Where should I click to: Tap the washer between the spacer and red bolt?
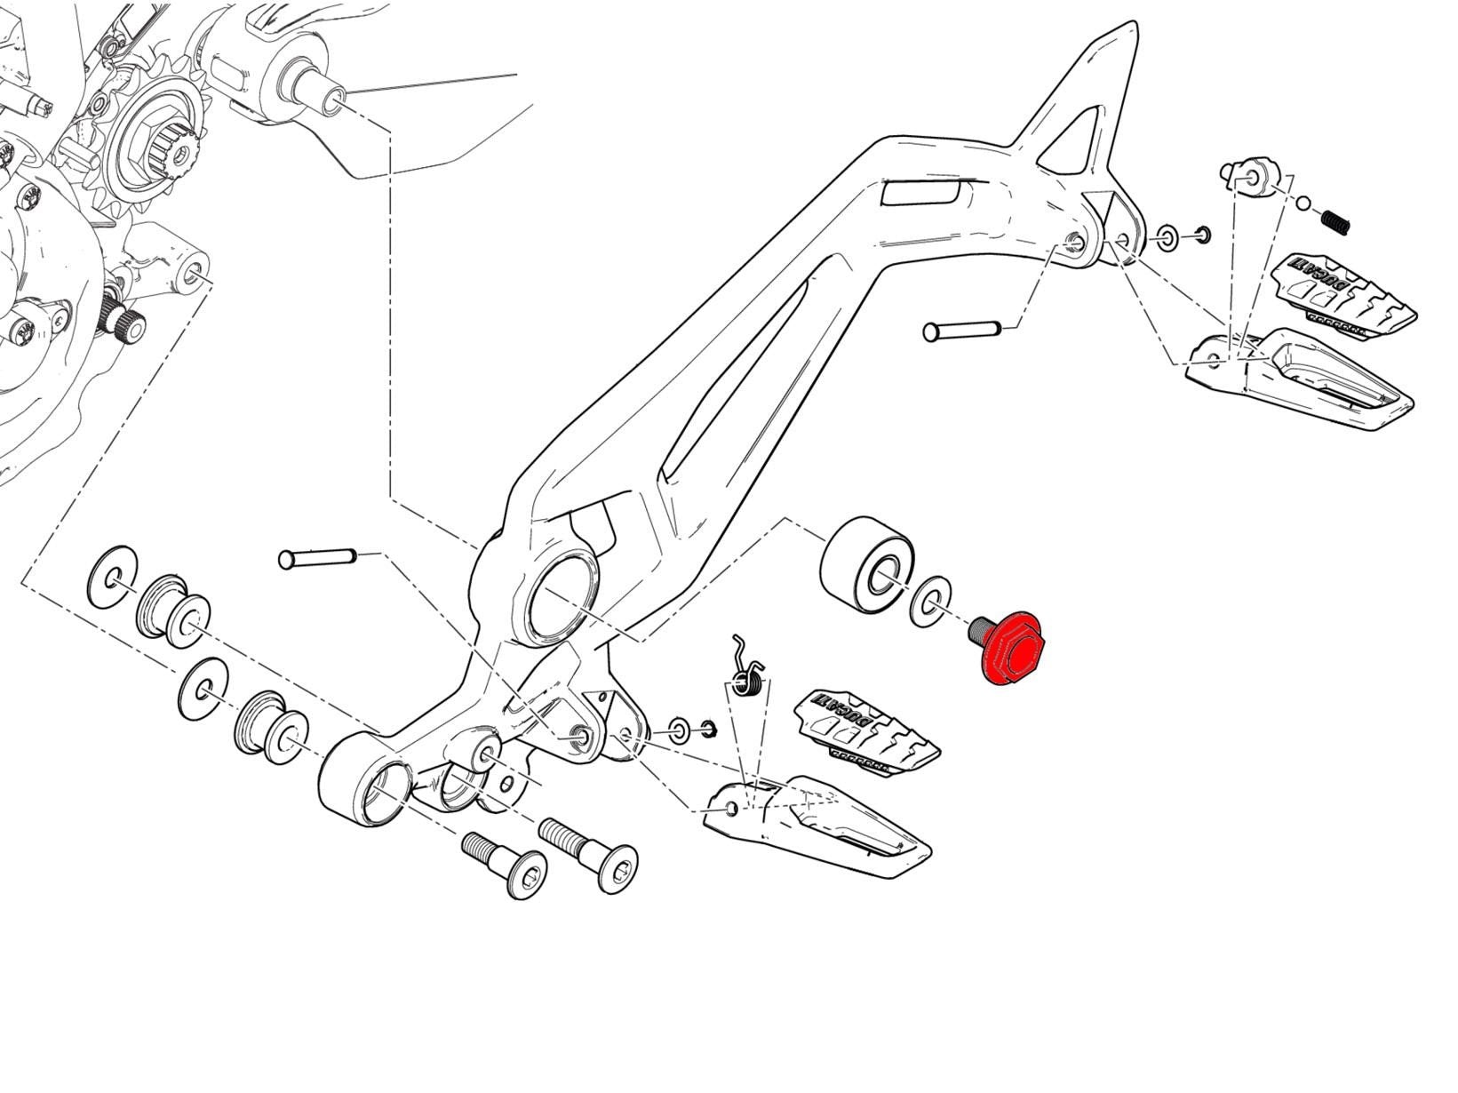tap(930, 602)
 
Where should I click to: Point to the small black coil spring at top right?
tap(1335, 219)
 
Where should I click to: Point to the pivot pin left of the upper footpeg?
tap(963, 331)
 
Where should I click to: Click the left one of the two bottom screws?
tap(504, 863)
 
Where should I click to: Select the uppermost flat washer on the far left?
tap(113, 578)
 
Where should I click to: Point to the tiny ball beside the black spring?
tap(1302, 204)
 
